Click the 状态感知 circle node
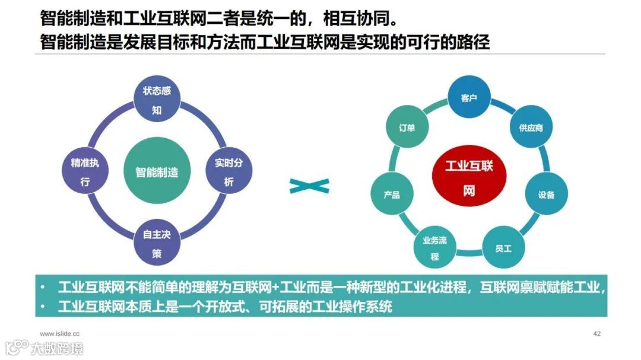(157, 101)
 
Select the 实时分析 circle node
(229, 172)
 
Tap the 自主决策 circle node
(157, 243)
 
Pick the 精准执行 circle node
(85, 172)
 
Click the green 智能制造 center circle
(157, 172)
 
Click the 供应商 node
(531, 128)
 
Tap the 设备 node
(546, 195)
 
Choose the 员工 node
(503, 248)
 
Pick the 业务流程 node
(434, 248)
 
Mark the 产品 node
(392, 195)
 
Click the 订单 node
(407, 128)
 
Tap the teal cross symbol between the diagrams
(309, 186)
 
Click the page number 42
(597, 334)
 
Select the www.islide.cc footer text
(59, 334)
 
